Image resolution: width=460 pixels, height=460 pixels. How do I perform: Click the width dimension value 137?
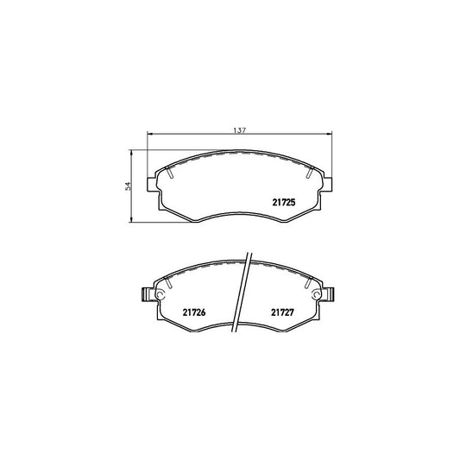241,129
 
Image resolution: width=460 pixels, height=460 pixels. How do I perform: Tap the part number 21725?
284,203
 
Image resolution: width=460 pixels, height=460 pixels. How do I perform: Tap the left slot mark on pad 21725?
173,173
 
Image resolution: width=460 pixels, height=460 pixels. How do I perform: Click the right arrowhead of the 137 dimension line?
331,134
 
